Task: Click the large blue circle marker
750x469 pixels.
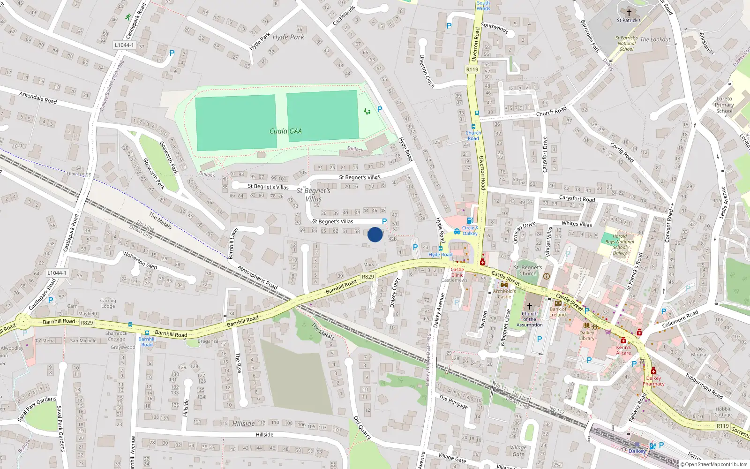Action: click(375, 234)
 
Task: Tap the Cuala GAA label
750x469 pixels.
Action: click(285, 131)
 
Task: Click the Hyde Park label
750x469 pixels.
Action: click(288, 37)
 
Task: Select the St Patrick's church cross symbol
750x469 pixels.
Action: click(629, 13)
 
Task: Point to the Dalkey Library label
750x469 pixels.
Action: click(586, 335)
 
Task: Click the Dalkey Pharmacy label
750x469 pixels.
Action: click(653, 381)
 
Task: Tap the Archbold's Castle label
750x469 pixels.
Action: click(504, 294)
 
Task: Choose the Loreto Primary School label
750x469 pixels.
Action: click(724, 105)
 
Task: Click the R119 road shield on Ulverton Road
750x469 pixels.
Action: click(472, 69)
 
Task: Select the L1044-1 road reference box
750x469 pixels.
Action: click(124, 45)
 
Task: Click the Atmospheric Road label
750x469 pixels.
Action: click(257, 277)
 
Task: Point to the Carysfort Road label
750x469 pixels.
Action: click(577, 198)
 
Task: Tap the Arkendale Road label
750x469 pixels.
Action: click(38, 98)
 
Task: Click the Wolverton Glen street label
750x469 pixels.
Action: click(140, 259)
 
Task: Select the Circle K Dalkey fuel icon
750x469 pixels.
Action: click(469, 221)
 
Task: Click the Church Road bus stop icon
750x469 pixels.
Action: click(473, 127)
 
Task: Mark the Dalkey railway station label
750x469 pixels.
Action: click(637, 451)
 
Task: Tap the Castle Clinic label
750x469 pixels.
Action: click(457, 272)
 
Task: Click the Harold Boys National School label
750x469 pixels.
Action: click(620, 244)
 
